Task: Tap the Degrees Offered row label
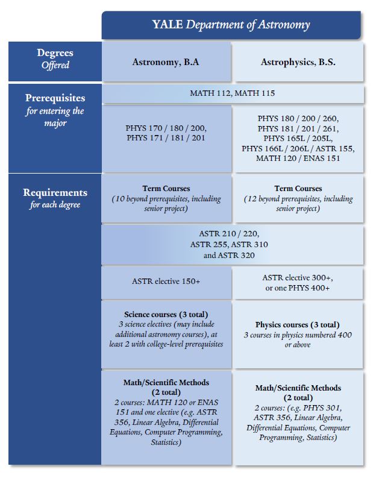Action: pyautogui.click(x=55, y=59)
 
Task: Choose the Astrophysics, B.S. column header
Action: pyautogui.click(x=298, y=62)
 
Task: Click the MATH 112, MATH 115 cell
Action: pyautogui.click(x=233, y=93)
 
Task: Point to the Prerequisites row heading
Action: pyautogui.click(x=55, y=98)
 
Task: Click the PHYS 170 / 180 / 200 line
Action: pyautogui.click(x=166, y=128)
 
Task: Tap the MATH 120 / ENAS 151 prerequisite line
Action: pyautogui.click(x=298, y=158)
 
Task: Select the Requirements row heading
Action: pyautogui.click(x=55, y=193)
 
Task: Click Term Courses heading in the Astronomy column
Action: pyautogui.click(x=166, y=189)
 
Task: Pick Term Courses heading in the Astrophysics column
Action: pyautogui.click(x=298, y=189)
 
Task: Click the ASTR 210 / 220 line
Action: pyautogui.click(x=233, y=234)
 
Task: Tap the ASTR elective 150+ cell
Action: pyautogui.click(x=166, y=281)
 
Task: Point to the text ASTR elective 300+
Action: pyautogui.click(x=298, y=277)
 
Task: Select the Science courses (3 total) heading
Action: pyautogui.click(x=166, y=315)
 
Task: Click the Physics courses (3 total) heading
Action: pyautogui.click(x=298, y=324)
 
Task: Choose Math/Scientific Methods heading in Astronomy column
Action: pyautogui.click(x=166, y=382)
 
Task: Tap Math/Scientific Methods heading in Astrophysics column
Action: pyautogui.click(x=298, y=388)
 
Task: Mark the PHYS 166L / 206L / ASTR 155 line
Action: pyautogui.click(x=298, y=148)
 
